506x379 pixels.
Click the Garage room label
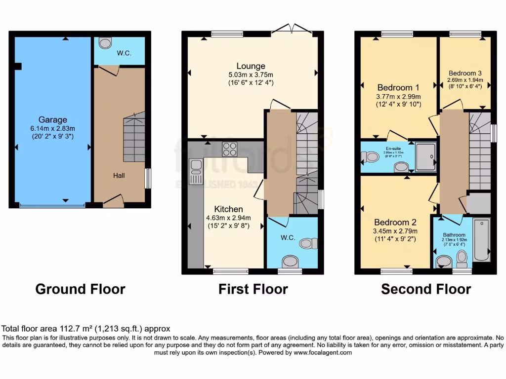pos(53,120)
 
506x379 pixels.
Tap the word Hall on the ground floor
pos(119,175)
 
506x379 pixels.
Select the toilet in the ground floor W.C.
pos(105,43)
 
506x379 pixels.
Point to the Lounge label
pos(251,66)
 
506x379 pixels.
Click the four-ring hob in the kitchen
pos(229,149)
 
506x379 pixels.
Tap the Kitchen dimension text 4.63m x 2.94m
pos(228,218)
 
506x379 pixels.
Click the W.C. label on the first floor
pos(288,238)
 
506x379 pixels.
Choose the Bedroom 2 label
pos(391,223)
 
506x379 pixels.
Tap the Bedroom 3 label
pos(464,73)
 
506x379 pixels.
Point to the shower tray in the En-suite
pos(425,157)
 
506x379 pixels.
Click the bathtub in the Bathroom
pos(481,241)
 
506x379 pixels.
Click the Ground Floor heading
pos(80,289)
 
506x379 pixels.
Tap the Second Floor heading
pos(426,289)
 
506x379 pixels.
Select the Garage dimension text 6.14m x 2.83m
pos(53,128)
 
